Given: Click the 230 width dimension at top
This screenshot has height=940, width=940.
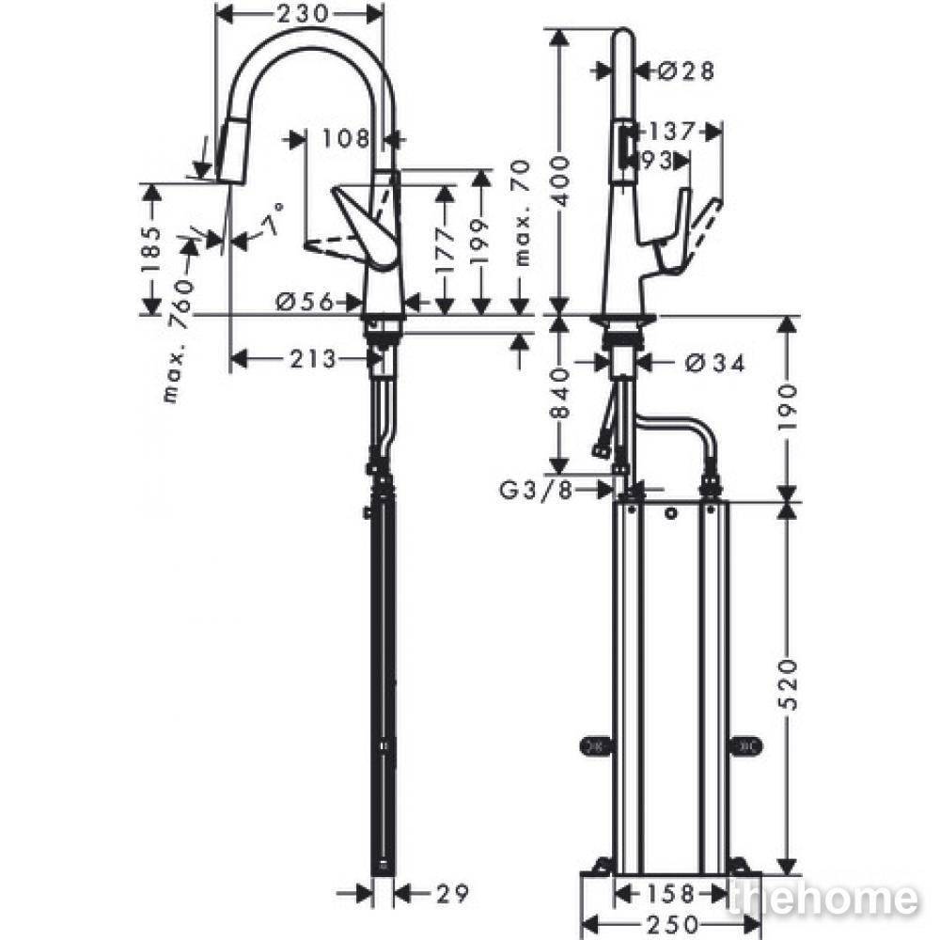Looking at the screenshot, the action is click(x=303, y=13).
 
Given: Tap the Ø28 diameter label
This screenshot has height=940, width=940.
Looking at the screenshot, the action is click(x=686, y=71).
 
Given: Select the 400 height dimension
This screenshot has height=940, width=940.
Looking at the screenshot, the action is click(x=560, y=180).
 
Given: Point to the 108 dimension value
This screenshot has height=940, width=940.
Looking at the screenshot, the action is click(x=346, y=139).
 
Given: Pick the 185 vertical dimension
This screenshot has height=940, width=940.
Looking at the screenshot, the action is click(x=151, y=249).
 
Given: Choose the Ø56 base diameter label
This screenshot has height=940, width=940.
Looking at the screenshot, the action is click(x=305, y=302).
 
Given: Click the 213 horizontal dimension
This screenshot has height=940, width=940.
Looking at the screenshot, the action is click(x=313, y=359).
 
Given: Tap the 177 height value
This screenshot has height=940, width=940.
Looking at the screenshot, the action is click(x=445, y=249).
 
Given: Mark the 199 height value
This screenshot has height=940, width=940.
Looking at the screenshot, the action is click(x=480, y=243).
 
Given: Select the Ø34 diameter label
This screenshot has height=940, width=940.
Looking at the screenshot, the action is click(x=715, y=362).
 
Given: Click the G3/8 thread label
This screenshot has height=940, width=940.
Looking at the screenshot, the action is click(x=537, y=491).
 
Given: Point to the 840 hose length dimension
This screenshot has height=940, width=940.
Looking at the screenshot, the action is click(x=560, y=393).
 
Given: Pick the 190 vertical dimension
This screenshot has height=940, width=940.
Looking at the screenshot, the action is click(x=789, y=407).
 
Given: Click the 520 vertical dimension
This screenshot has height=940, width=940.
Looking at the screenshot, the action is click(x=789, y=685).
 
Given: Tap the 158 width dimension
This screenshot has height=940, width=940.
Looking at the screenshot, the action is click(x=670, y=894).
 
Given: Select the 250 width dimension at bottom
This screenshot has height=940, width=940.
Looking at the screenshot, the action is click(x=672, y=924).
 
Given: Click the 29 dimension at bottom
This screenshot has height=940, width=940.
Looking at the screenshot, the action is click(x=452, y=894).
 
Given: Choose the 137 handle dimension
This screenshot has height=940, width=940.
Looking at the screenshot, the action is click(x=671, y=131).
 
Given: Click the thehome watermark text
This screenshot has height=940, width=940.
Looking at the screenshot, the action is click(x=822, y=899).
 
